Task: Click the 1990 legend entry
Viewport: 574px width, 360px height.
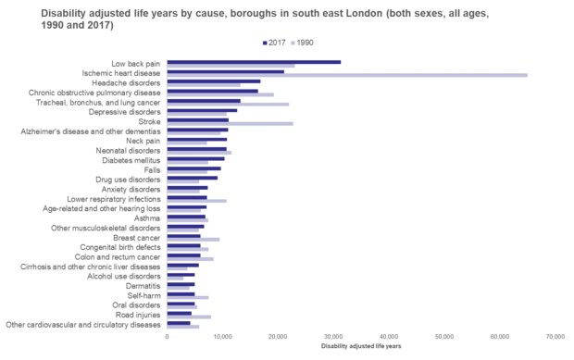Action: pos(306,43)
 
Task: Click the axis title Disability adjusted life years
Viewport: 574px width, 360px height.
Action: pos(361,346)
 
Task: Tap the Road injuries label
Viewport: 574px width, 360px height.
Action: pos(136,315)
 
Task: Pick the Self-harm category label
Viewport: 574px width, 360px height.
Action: pos(143,295)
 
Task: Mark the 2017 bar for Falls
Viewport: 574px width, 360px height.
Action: pos(193,168)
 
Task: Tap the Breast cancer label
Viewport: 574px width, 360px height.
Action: pos(135,238)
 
